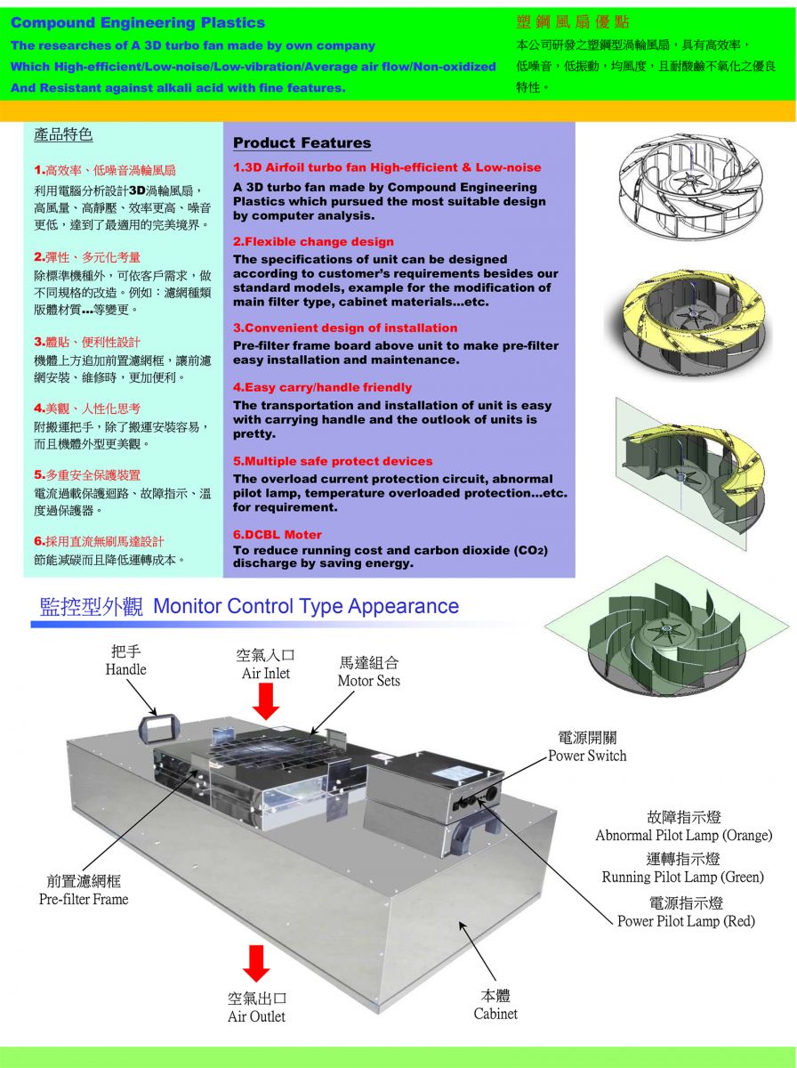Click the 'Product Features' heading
302,142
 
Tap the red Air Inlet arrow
265,701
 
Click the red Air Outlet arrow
256,963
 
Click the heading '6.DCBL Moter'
278,534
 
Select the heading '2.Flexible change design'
313,241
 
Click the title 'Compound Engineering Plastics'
138,23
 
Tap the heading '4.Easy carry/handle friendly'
322,387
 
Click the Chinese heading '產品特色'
63,134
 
